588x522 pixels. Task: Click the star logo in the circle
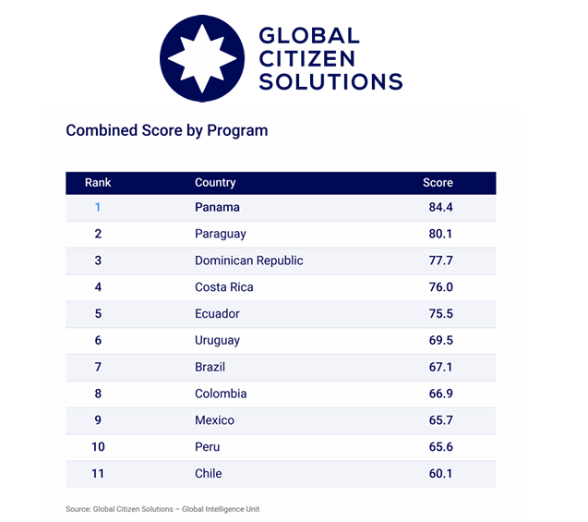(202, 58)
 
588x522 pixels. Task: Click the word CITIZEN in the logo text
(306, 59)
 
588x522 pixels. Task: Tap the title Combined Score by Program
(167, 130)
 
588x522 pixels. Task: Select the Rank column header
(98, 182)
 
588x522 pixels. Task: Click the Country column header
(215, 182)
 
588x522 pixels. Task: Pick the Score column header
(438, 182)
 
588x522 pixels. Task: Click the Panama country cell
(217, 207)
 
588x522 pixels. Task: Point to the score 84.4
(440, 207)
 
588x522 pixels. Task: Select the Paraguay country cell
(221, 234)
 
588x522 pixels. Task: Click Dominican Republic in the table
(249, 261)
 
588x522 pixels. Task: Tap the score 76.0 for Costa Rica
(440, 287)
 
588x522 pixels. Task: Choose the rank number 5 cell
(98, 314)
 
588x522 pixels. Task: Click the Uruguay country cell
(218, 341)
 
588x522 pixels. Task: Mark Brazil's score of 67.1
(440, 367)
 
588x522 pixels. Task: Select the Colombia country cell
(221, 394)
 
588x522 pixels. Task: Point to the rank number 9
(98, 420)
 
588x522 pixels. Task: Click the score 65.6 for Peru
(440, 446)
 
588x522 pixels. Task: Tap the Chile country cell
(209, 473)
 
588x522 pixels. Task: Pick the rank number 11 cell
(98, 473)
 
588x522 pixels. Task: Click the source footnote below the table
(162, 509)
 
